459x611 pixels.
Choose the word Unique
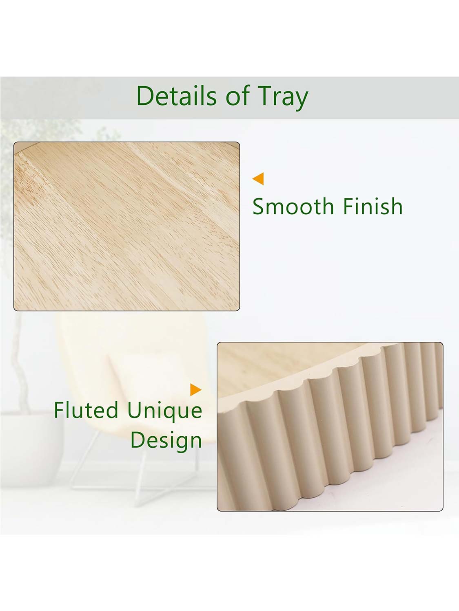164,411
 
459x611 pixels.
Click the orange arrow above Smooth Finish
258,179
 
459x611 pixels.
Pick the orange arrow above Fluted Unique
196,389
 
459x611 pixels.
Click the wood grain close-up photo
127,226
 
